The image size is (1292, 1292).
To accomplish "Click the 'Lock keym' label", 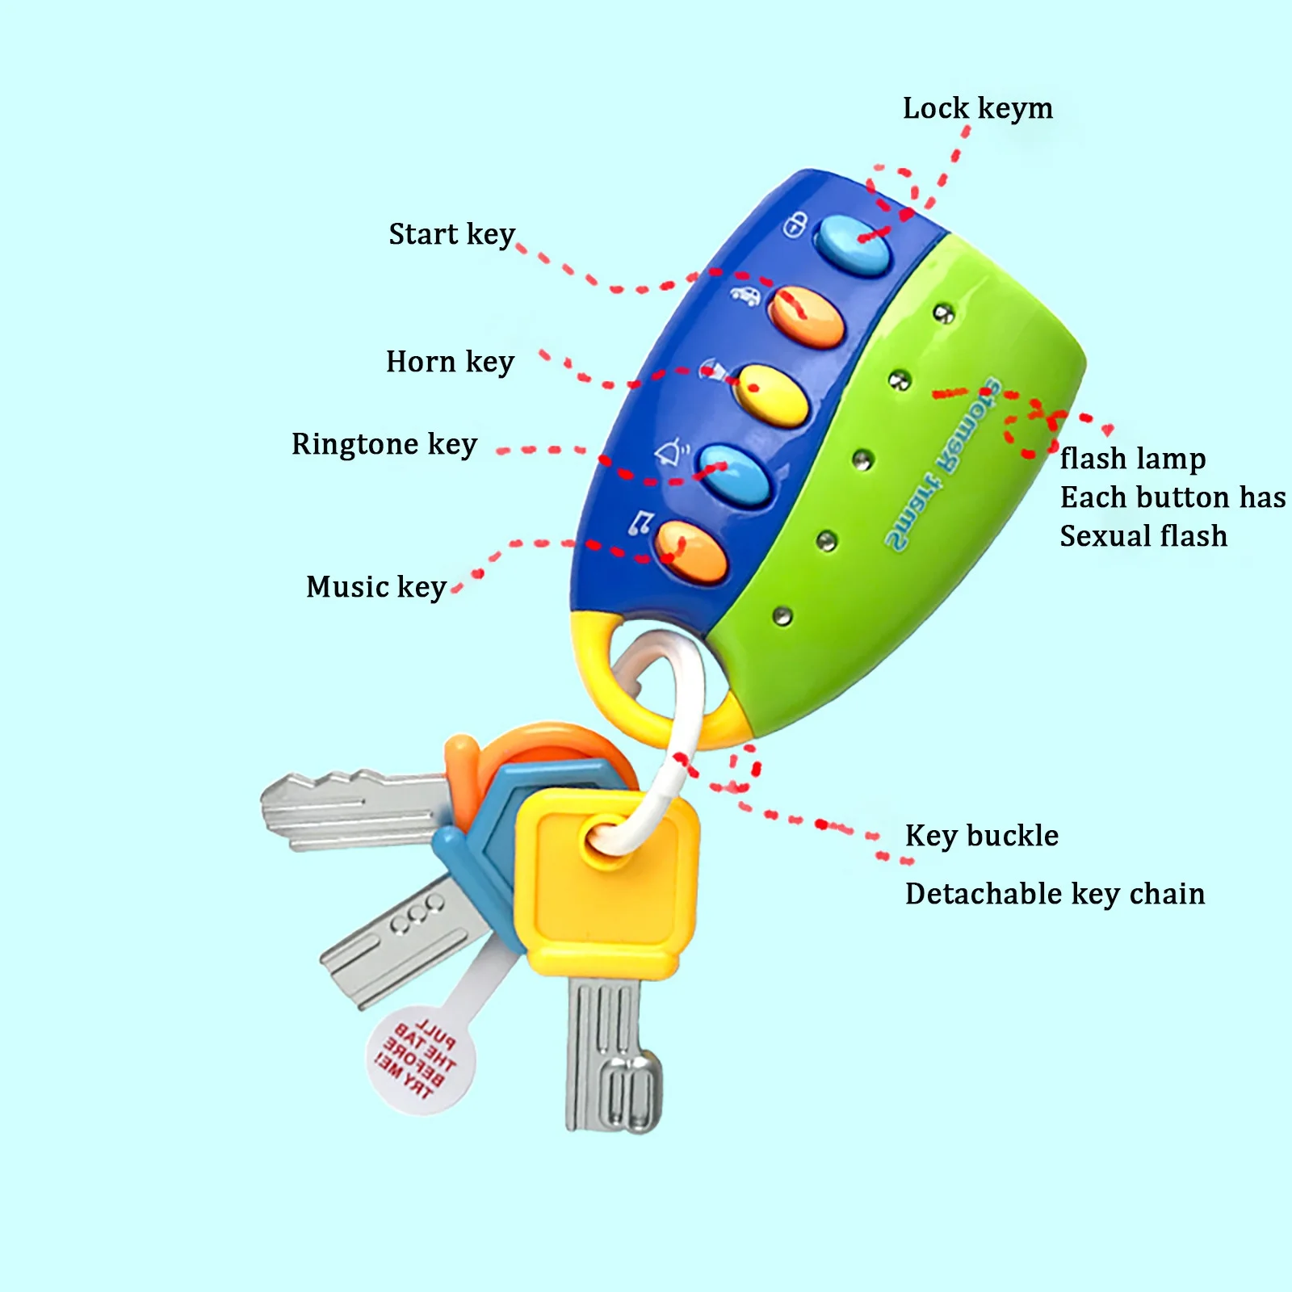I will tap(977, 109).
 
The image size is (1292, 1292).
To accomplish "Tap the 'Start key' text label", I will tap(451, 235).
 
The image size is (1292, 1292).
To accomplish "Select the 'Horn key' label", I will tap(450, 363).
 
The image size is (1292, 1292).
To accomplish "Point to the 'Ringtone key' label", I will tap(384, 445).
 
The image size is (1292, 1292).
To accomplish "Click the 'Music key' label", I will tap(376, 588).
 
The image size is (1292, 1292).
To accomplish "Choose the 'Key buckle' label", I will tap(981, 836).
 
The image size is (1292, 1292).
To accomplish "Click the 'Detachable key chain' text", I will tap(1055, 895).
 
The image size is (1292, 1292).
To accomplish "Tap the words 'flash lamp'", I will tap(1132, 459).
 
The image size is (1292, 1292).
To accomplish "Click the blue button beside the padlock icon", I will tap(852, 245).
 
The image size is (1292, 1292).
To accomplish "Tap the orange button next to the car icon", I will tap(806, 317).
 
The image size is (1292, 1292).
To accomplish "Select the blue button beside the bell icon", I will tap(734, 475).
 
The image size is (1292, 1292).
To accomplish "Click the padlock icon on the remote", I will tap(795, 224).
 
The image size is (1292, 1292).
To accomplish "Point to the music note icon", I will tap(640, 523).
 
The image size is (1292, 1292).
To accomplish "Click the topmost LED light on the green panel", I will tap(943, 313).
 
